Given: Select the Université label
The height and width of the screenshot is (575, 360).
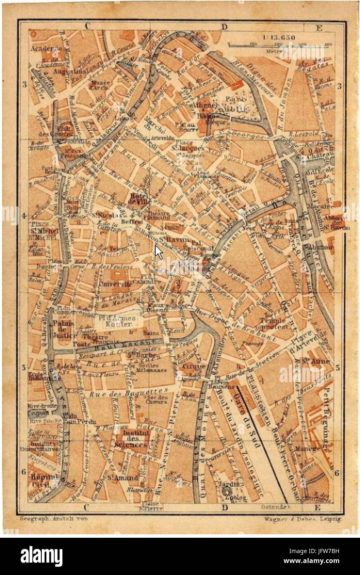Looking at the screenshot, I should [x=116, y=284].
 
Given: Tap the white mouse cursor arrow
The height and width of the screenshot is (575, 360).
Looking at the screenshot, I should [x=159, y=252].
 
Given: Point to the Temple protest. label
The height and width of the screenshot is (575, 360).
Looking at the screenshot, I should [x=274, y=323].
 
